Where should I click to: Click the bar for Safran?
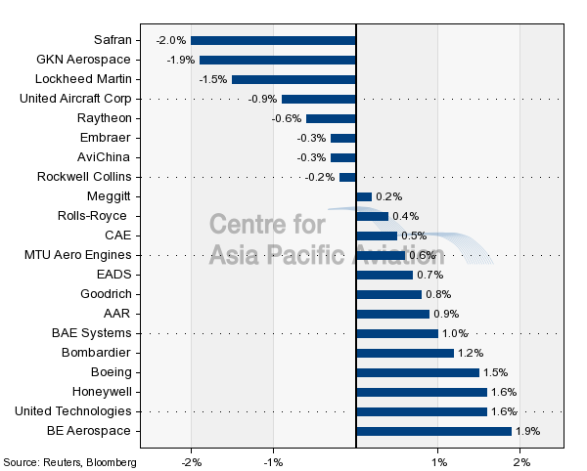[x=273, y=40]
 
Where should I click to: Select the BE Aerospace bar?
[x=433, y=431]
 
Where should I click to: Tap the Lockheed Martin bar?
[x=293, y=79]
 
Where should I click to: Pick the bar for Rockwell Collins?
[x=347, y=177]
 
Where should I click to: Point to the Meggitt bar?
[x=364, y=196]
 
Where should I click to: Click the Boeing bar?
[x=418, y=372]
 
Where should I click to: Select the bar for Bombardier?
[x=405, y=353]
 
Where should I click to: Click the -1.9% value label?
[x=181, y=60]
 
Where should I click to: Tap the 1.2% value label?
[x=471, y=353]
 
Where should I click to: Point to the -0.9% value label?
[x=262, y=99]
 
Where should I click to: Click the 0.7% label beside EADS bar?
[x=430, y=275]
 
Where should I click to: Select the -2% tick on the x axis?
[x=192, y=462]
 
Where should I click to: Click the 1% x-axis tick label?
[x=438, y=462]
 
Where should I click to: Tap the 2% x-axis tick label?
[x=521, y=462]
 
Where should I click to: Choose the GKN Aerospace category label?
[x=83, y=60]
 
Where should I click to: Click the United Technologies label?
[x=73, y=411]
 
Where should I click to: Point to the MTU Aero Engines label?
[x=78, y=255]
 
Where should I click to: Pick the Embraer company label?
[x=106, y=138]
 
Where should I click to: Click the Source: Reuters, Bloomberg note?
[x=70, y=462]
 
